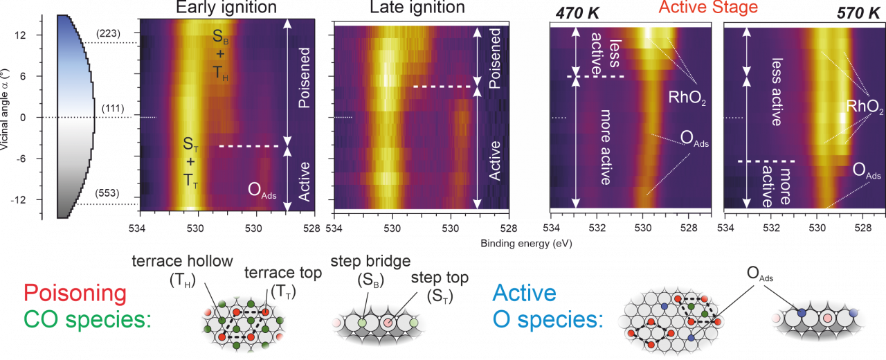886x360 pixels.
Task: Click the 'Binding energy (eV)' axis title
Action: coord(526,244)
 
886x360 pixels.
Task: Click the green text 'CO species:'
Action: coord(87,320)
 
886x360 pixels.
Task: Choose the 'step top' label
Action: coord(440,278)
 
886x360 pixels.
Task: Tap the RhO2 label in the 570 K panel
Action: coord(865,107)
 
